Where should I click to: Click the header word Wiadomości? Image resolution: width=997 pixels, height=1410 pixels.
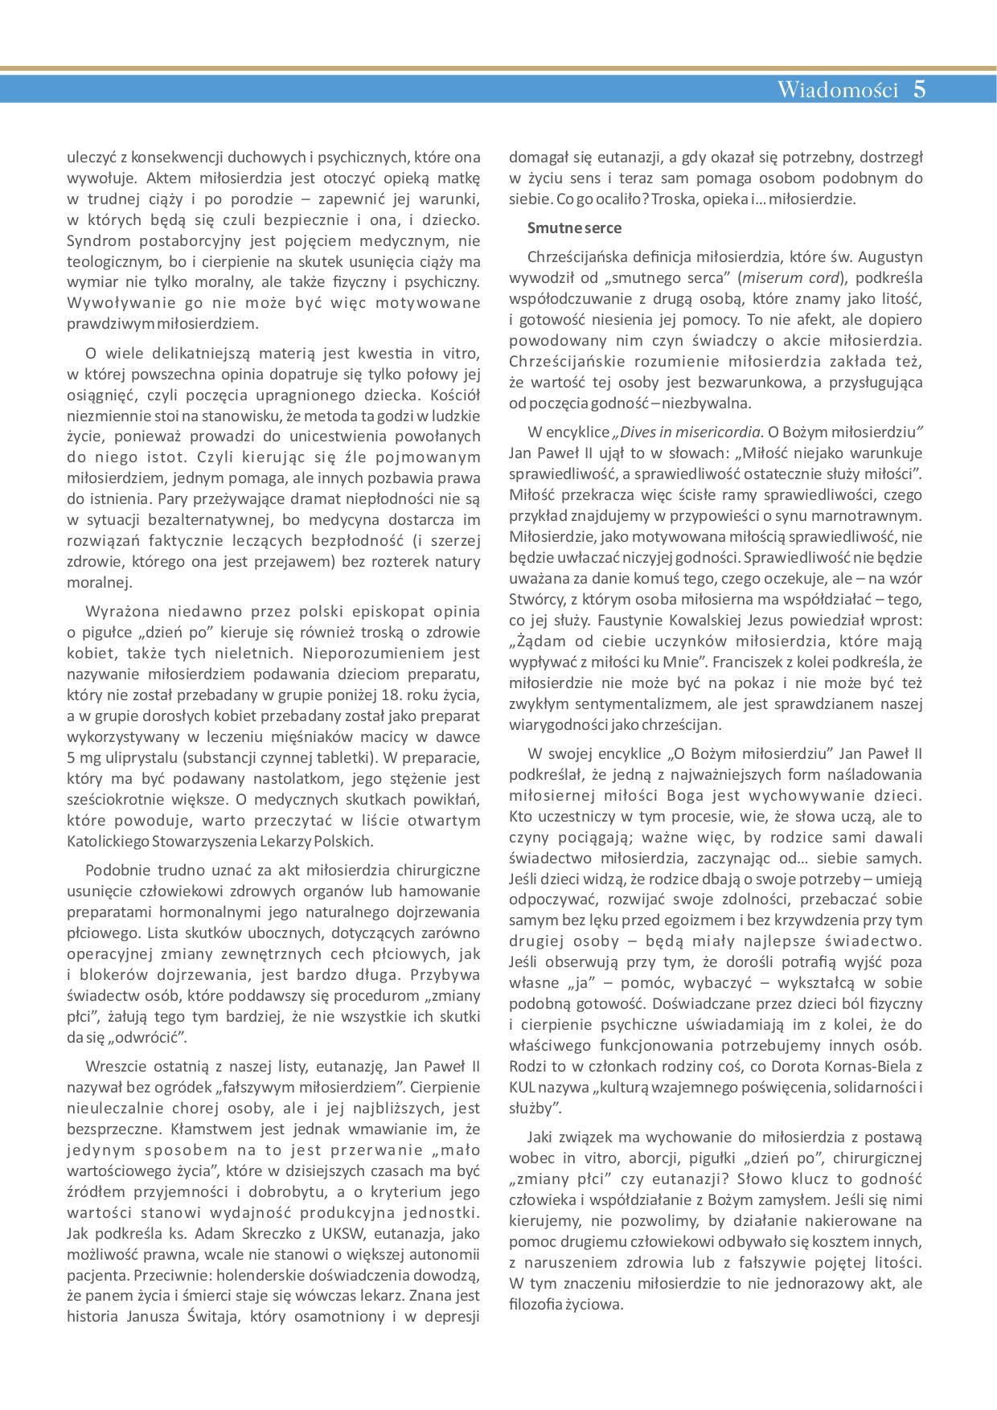tap(836, 89)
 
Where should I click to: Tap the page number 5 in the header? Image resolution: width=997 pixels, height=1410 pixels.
tap(920, 89)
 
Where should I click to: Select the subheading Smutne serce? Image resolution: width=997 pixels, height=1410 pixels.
tap(574, 227)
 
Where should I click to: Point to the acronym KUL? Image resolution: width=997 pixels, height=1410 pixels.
tap(523, 1087)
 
